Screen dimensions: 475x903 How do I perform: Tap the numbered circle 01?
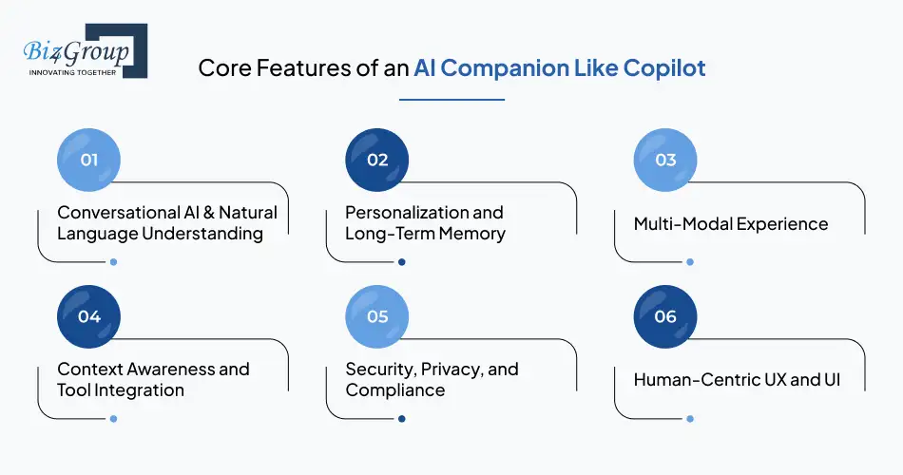(89, 160)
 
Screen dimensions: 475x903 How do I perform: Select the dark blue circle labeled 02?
(377, 160)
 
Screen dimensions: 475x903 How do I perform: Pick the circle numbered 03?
(665, 160)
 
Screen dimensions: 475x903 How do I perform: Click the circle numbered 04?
(89, 316)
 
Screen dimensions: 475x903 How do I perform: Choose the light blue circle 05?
(377, 316)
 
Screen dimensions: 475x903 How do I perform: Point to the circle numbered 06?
(665, 316)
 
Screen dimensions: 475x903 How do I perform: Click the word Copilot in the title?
(664, 69)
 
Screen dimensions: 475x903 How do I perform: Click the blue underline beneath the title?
(451, 98)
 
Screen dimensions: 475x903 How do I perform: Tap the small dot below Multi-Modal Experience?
(690, 261)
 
